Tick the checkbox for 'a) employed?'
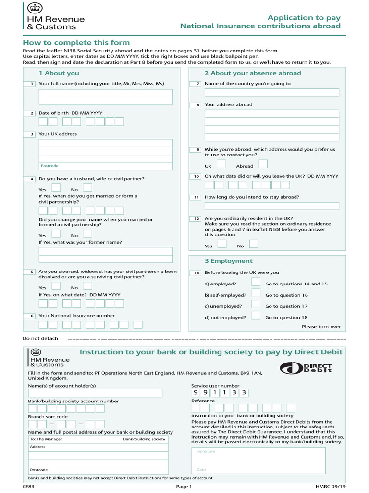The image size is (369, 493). [256, 282]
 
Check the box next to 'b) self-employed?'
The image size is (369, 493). [256, 293]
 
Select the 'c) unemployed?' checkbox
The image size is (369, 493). [256, 304]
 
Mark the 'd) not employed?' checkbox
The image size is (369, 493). [256, 316]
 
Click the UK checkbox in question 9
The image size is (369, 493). [221, 164]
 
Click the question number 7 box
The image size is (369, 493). [197, 84]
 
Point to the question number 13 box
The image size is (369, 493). [197, 273]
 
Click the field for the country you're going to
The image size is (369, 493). [272, 92]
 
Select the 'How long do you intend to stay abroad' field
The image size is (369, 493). [272, 206]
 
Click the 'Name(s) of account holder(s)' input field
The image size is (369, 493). [95, 393]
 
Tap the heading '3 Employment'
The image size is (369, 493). [228, 261]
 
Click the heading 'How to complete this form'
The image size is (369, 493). [70, 43]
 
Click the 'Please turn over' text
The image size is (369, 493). [321, 327]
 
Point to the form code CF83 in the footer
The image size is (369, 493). [28, 486]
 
